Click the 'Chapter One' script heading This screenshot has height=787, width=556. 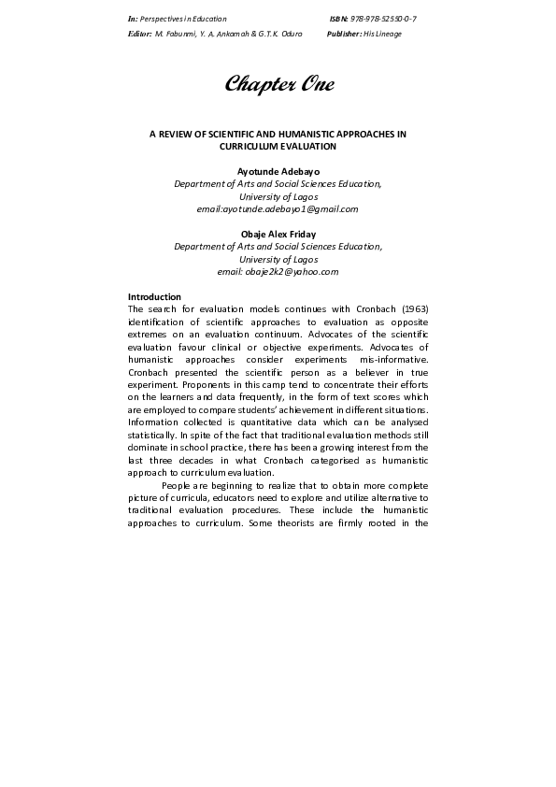[278, 85]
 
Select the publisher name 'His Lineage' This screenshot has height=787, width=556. [384, 33]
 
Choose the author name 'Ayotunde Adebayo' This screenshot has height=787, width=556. [278, 172]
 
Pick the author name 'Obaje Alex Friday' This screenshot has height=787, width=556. [278, 234]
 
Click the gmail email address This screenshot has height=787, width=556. [278, 209]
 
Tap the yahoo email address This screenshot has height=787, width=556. [278, 272]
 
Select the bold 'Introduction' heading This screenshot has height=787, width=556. [154, 296]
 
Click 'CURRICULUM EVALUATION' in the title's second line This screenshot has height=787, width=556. [278, 147]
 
